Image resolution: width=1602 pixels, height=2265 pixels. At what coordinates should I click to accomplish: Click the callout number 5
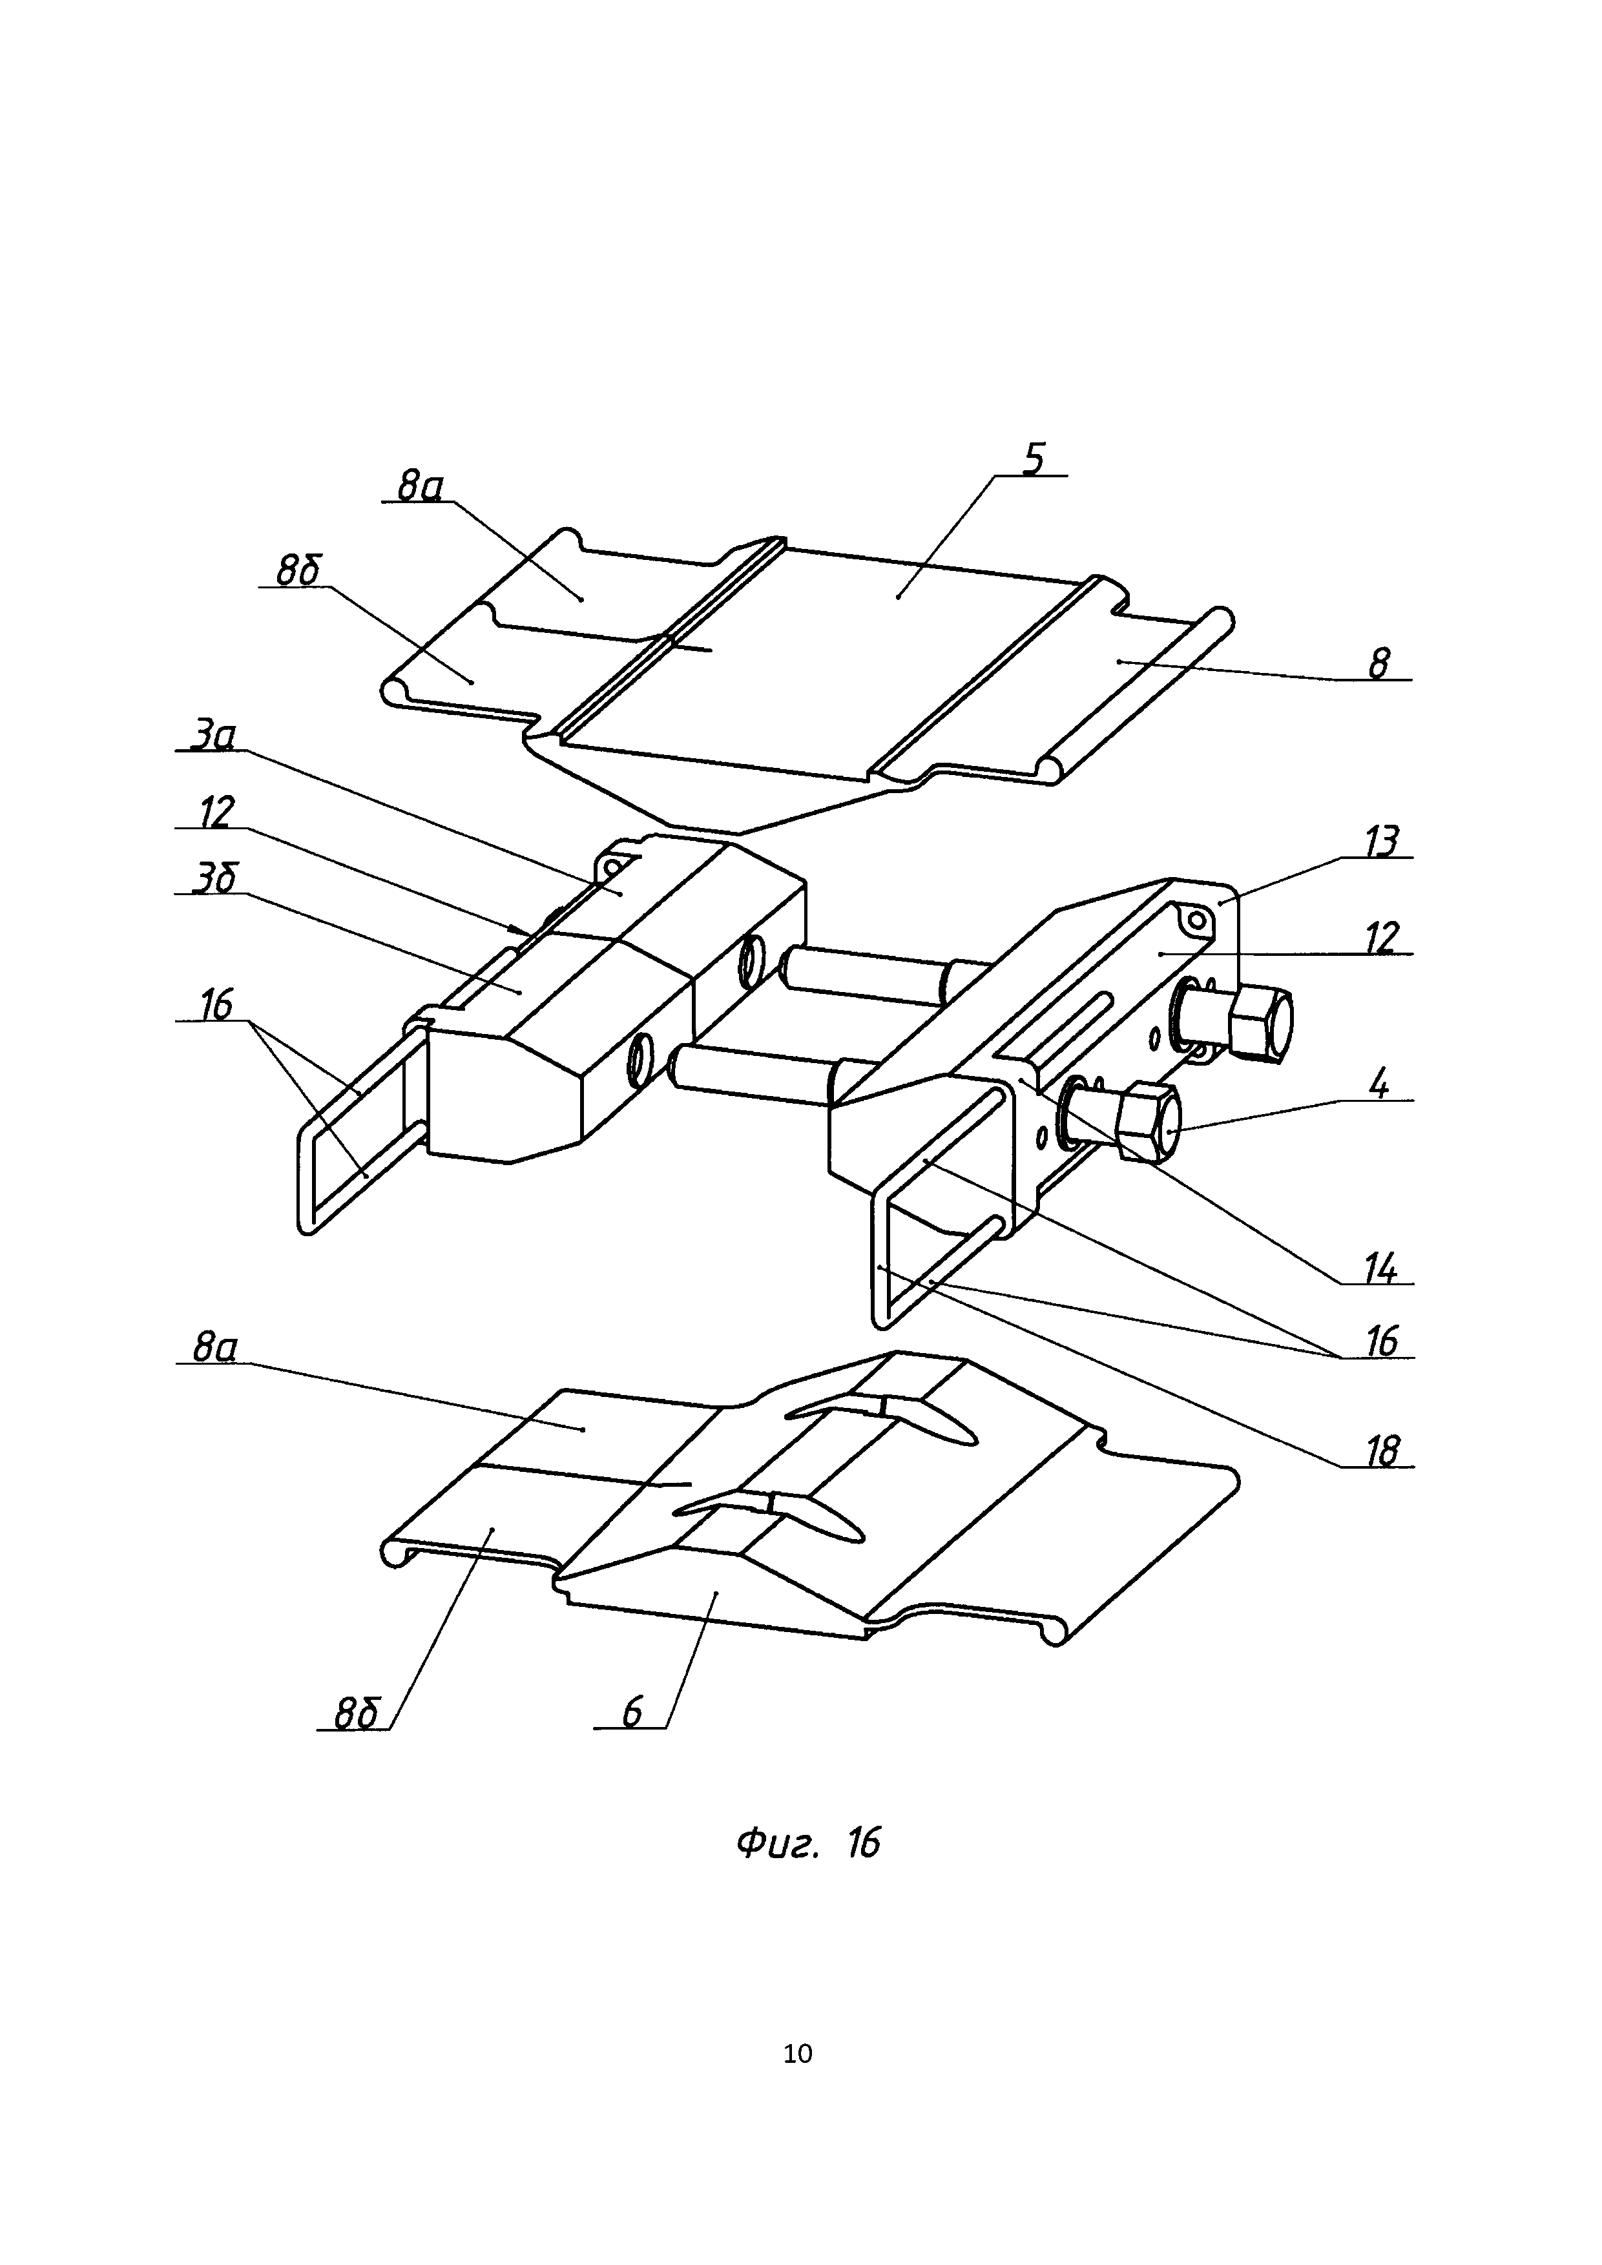[x=1033, y=460]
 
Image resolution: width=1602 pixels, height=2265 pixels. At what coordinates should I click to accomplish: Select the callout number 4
[x=1380, y=1085]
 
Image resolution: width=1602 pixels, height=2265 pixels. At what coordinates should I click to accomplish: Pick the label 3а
[x=212, y=736]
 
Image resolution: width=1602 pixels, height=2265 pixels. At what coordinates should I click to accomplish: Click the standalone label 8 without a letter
[x=1378, y=665]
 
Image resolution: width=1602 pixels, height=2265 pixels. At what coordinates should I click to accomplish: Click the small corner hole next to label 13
[x=1196, y=922]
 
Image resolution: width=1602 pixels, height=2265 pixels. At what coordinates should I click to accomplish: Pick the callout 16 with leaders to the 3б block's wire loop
[x=215, y=1006]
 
